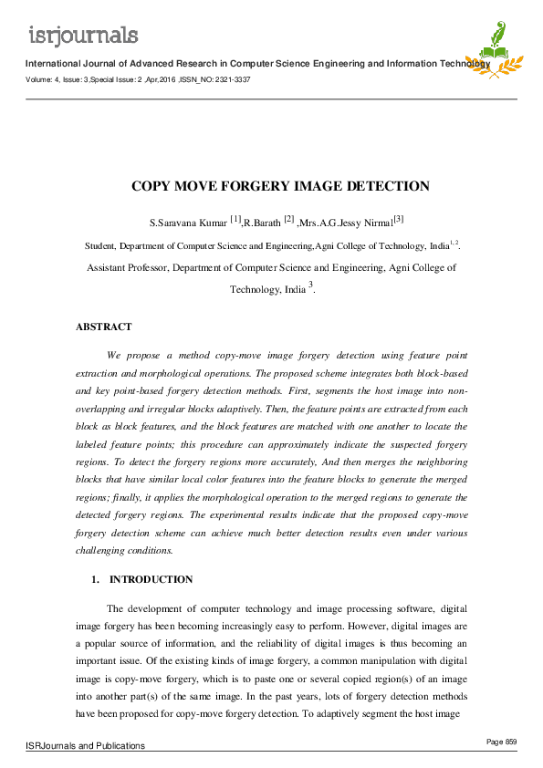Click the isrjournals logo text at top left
click(x=84, y=35)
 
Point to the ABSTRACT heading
click(x=103, y=327)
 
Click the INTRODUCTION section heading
click(x=151, y=579)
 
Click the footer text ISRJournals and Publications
click(x=85, y=746)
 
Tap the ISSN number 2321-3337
click(x=233, y=79)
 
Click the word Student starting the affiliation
click(x=102, y=245)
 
